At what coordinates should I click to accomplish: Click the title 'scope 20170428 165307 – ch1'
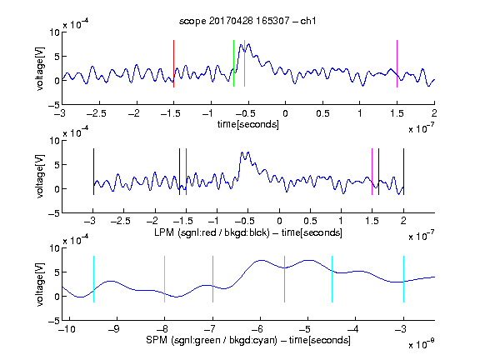point(247,21)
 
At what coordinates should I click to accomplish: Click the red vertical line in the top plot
point(173,63)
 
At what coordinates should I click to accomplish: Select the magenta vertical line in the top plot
point(397,63)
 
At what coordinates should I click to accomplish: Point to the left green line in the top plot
point(233,63)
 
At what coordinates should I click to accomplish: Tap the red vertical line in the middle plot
point(186,172)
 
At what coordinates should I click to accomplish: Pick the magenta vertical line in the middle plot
point(372,172)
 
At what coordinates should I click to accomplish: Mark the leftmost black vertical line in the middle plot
point(93,172)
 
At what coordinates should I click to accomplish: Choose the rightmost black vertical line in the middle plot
point(403,172)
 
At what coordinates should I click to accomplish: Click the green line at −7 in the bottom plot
point(212,279)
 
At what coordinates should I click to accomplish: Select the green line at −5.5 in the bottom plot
point(284,279)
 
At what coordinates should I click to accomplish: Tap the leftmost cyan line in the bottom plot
point(93,279)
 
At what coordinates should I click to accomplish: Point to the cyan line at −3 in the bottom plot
point(403,279)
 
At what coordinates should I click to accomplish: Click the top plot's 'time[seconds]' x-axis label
point(248,124)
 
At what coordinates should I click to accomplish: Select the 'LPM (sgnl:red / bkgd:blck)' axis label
point(212,232)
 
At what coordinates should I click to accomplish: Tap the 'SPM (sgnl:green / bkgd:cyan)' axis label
point(212,340)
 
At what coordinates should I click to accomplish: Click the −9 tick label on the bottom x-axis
point(114,329)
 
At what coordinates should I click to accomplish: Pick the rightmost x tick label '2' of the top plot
point(434,113)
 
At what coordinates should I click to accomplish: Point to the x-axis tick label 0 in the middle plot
point(279,221)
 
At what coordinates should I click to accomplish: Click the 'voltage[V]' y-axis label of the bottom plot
point(40,284)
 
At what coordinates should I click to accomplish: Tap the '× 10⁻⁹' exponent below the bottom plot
point(422,344)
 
